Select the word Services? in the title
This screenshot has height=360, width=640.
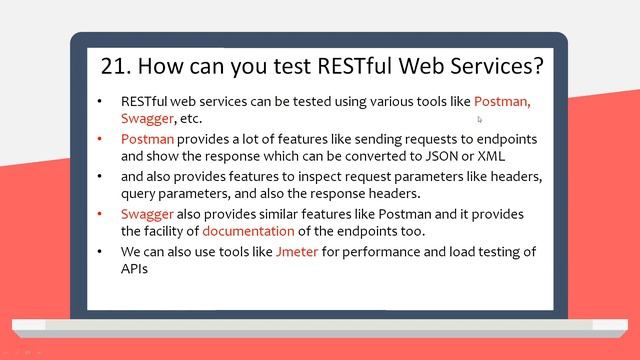[492, 66]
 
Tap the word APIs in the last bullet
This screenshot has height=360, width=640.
[137, 269]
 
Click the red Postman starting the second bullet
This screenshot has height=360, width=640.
[147, 139]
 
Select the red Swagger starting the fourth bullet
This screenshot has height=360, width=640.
[148, 214]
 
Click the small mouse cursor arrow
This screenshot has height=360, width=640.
[480, 119]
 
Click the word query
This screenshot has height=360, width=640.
[140, 193]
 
